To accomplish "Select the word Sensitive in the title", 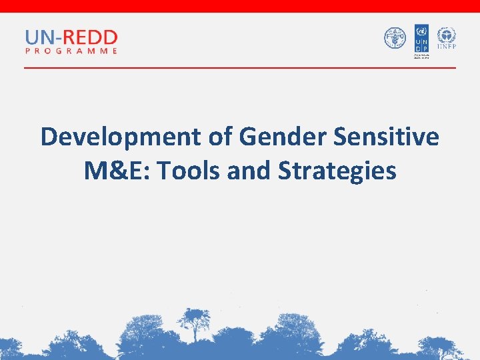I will pos(386,137).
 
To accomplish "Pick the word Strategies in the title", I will pos(337,171).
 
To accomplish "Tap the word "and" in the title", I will pos(249,171).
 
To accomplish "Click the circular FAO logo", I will pos(395,38).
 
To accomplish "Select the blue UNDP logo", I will pos(421,40).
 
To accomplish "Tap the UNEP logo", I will pos(446,38).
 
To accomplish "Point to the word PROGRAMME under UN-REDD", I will pos(71,51).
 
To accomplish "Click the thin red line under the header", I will pos(240,68).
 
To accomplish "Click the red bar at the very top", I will pos(240,6).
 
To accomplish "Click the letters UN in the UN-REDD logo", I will pos(37,37).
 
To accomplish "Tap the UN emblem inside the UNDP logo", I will pos(421,31).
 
